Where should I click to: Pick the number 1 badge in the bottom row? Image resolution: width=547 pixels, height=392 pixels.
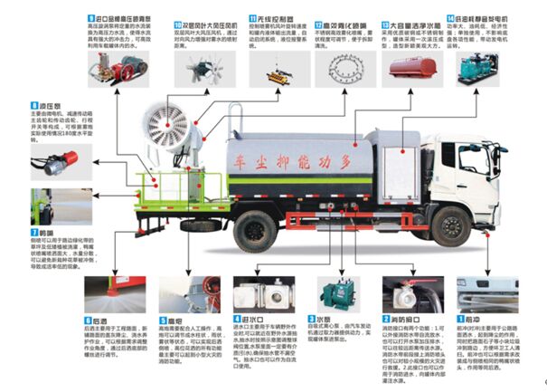pos(459,320)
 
